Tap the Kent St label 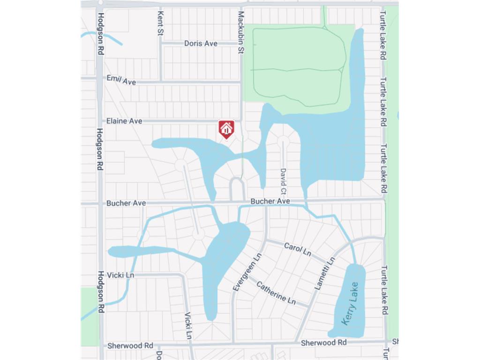pyautogui.click(x=160, y=23)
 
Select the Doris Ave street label pyautogui.click(x=201, y=43)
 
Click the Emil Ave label pyautogui.click(x=121, y=80)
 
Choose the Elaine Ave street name pyautogui.click(x=124, y=121)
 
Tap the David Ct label pyautogui.click(x=283, y=182)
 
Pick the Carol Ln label pyautogui.click(x=298, y=249)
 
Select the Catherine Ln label pyautogui.click(x=276, y=292)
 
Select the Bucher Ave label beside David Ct pyautogui.click(x=270, y=201)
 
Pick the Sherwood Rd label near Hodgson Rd pyautogui.click(x=130, y=345)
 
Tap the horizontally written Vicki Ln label pyautogui.click(x=120, y=275)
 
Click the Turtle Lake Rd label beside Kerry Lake pyautogui.click(x=384, y=290)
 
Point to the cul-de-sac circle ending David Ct pyautogui.click(x=283, y=140)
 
